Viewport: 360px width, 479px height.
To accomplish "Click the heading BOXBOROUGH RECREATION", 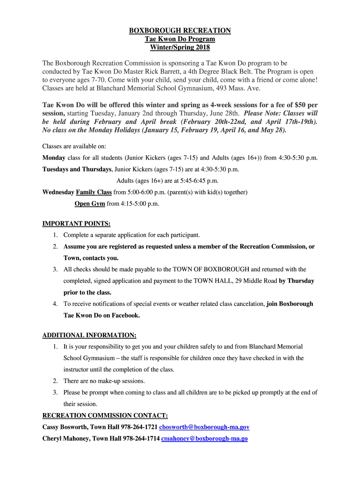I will (180, 31).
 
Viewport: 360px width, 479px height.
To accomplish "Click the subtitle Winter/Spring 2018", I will (180, 48).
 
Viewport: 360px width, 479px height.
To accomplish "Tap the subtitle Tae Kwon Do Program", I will (180, 39).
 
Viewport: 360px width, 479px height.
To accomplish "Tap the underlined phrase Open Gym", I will (90, 203).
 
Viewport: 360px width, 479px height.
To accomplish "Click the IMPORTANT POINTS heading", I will (77, 224).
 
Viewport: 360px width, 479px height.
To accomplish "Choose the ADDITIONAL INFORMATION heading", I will (89, 335).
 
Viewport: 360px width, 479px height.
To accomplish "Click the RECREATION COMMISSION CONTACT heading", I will (105, 415).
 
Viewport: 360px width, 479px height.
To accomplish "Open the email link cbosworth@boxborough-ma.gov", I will (204, 427).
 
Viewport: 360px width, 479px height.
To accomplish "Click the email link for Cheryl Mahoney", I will (204, 438).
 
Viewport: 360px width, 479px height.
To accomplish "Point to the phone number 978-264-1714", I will (141, 438).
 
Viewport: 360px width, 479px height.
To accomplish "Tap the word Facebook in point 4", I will (124, 315).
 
